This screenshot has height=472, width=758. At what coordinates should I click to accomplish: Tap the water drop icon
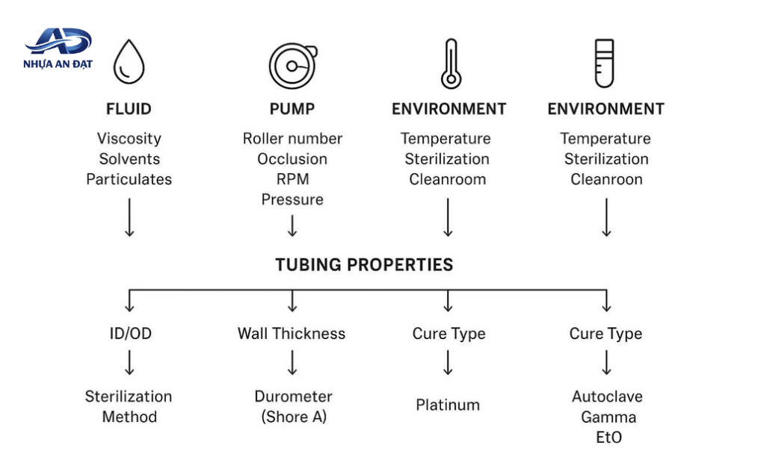[129, 62]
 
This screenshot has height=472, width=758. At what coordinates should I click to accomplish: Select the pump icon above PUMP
[293, 66]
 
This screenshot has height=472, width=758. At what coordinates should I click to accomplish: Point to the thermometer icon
[451, 63]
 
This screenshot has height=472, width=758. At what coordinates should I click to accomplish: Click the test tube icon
[604, 63]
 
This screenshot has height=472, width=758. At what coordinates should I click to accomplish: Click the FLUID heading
[129, 109]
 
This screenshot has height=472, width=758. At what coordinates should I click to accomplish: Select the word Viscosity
[129, 139]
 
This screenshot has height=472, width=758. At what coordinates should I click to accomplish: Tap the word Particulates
[129, 179]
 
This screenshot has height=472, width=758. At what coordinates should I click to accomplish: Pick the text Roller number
[292, 139]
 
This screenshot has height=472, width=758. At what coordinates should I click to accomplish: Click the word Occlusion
[292, 159]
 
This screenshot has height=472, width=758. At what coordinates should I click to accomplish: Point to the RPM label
[292, 179]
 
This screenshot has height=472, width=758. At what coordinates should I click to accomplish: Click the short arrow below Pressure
[292, 226]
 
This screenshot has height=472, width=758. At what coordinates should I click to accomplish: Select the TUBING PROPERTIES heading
[365, 264]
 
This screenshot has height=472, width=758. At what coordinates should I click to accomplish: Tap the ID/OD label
[131, 333]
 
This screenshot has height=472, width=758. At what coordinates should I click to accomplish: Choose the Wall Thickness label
[292, 333]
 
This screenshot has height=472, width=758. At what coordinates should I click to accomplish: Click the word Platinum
[448, 405]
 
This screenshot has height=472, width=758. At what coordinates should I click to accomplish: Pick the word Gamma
[608, 417]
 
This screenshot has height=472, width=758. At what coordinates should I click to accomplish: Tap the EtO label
[608, 437]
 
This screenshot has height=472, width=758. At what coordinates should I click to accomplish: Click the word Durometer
[294, 397]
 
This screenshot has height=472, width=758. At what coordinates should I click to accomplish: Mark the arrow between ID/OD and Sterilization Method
[129, 363]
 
